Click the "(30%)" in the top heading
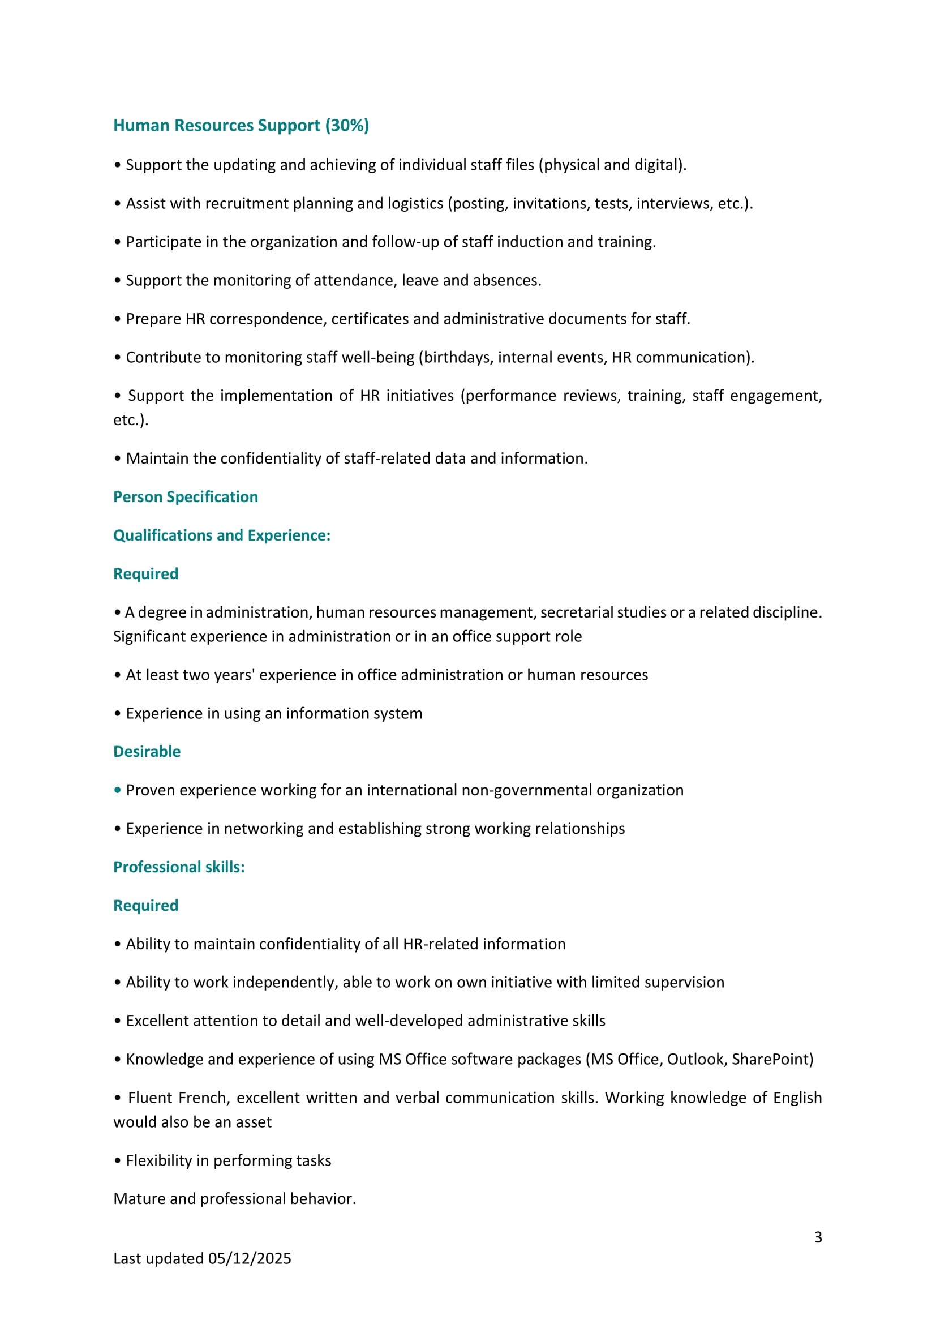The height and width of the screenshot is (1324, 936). pos(347,126)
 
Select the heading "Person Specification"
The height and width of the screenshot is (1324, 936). pos(186,497)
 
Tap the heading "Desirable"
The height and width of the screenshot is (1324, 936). pos(147,752)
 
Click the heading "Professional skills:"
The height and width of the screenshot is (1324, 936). pos(179,867)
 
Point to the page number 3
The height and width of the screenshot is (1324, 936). pos(818,1237)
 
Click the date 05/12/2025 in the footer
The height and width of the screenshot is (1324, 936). pos(250,1258)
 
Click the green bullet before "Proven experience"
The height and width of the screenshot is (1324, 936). pos(118,790)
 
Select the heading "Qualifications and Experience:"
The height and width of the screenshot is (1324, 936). pos(222,535)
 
